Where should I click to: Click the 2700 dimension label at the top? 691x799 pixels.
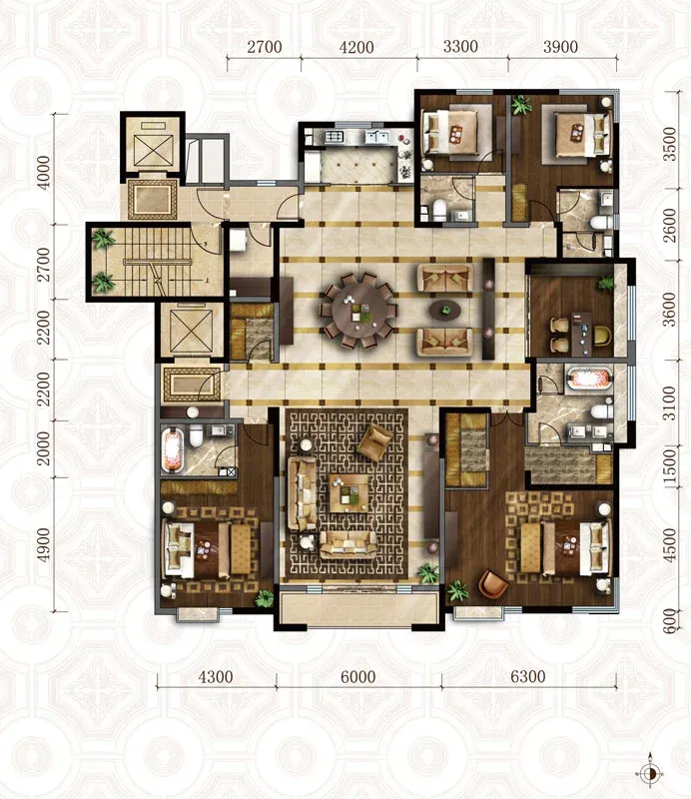pos(265,47)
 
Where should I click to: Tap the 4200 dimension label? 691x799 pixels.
pos(356,47)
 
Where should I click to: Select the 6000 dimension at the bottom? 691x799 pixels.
pos(358,677)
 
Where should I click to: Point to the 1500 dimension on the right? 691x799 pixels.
pos(670,465)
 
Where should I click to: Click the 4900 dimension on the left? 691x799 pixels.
pos(44,544)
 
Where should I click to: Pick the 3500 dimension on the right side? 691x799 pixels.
pos(670,144)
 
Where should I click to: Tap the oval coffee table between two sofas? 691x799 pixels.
pos(445,310)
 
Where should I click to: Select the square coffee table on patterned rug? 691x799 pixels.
pos(349,493)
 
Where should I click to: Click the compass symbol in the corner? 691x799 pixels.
pos(650,773)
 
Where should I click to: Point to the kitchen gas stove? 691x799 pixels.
pos(335,137)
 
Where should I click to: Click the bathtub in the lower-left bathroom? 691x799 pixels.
pos(172,450)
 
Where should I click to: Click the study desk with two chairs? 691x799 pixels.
pos(579,334)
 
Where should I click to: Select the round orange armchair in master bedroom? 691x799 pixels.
pos(493,584)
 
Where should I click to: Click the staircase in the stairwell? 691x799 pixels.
pos(156,262)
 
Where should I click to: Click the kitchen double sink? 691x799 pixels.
pos(377,137)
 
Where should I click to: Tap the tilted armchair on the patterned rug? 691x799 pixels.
pos(375,441)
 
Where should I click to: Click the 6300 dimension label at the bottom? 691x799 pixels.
pos(527,677)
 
